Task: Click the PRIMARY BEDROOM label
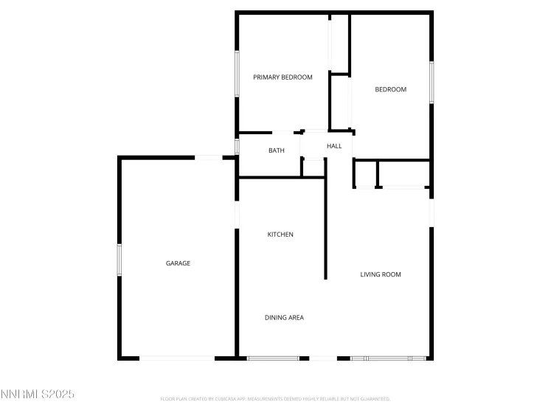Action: [x=283, y=77]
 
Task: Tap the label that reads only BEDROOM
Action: [x=390, y=90]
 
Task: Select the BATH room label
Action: [x=276, y=150]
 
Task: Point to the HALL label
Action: [x=334, y=147]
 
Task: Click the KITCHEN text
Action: [x=280, y=235]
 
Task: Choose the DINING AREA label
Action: [x=284, y=318]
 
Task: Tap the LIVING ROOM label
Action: [x=380, y=274]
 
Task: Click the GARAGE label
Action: [x=178, y=263]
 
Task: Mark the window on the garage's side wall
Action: [x=119, y=260]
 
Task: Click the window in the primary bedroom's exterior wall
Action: [x=236, y=72]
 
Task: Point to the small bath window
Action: [x=237, y=146]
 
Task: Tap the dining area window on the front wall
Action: [x=273, y=358]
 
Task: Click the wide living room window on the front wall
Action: [x=389, y=358]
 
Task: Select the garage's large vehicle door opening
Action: [x=177, y=358]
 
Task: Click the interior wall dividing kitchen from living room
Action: [x=325, y=229]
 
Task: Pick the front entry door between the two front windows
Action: [x=323, y=358]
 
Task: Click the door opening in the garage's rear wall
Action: [x=209, y=156]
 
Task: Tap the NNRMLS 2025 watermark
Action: [x=38, y=395]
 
